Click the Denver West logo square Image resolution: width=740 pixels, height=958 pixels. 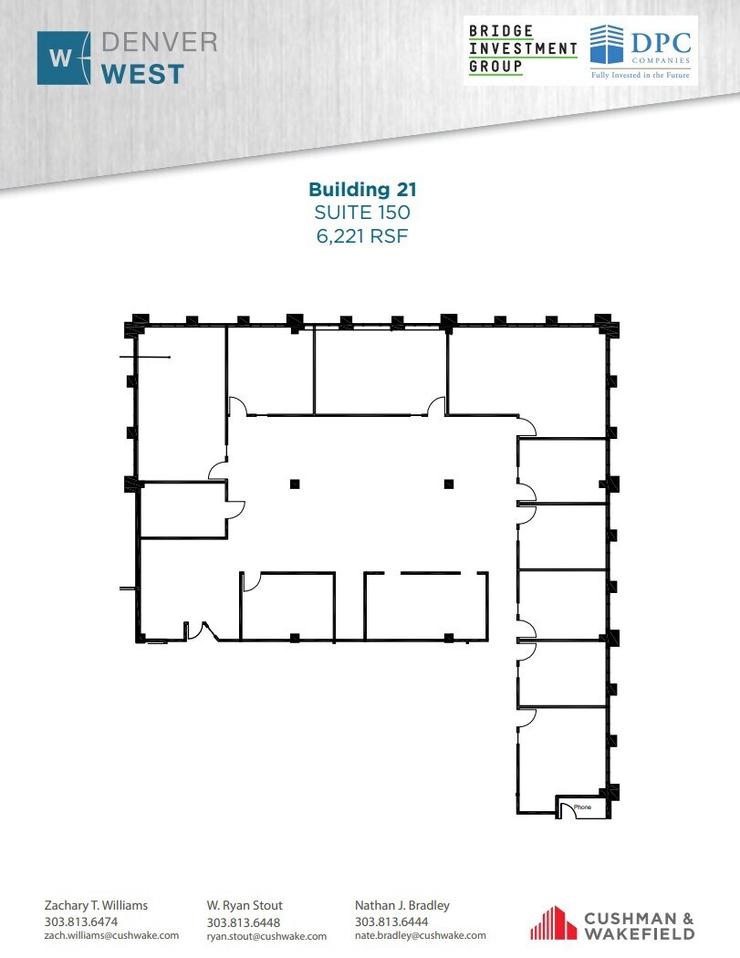tap(64, 57)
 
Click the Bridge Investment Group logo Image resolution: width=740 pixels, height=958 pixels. tap(523, 49)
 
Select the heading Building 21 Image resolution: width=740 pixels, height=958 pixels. tap(362, 190)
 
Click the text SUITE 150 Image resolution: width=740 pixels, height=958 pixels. tap(362, 213)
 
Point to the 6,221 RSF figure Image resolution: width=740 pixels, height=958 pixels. tap(362, 235)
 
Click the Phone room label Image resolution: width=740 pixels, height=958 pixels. tap(582, 807)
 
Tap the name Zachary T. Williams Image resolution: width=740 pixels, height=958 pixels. tap(96, 906)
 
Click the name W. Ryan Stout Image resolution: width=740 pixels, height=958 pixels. tap(245, 906)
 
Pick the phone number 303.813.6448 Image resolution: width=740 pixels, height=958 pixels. tap(244, 922)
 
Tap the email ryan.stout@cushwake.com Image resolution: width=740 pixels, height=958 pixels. tap(266, 935)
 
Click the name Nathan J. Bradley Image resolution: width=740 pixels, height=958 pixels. tap(401, 906)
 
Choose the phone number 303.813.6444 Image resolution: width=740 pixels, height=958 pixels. tap(391, 922)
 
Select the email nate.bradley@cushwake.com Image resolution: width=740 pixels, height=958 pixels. tap(421, 935)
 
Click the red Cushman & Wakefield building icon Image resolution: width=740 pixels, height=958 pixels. tap(549, 922)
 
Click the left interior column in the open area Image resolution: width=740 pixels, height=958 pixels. tap(294, 484)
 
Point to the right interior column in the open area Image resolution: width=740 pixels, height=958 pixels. tap(447, 484)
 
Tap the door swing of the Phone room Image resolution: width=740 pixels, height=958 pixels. tap(568, 809)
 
